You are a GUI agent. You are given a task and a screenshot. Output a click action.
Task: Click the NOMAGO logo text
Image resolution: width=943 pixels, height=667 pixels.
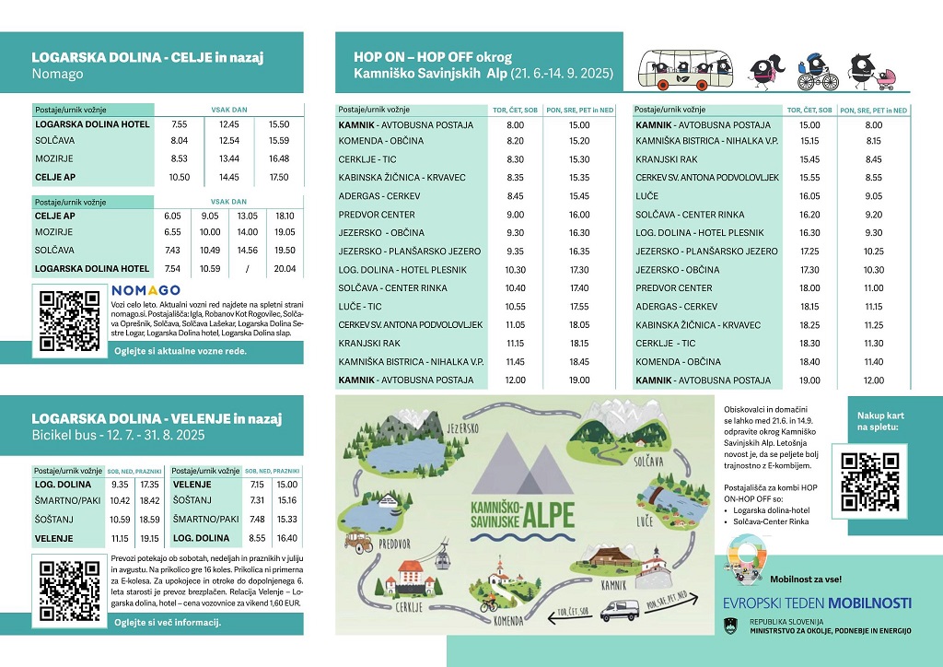point(146,291)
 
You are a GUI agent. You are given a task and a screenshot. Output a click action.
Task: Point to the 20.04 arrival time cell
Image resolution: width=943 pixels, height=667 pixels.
point(285,269)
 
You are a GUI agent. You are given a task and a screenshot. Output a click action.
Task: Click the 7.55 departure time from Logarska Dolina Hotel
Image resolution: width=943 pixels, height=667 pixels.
point(180,123)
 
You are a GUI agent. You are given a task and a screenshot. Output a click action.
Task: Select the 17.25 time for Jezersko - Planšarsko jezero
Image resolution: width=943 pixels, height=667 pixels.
point(809,252)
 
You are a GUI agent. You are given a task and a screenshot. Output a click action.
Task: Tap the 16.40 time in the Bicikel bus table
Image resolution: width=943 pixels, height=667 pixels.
point(286,538)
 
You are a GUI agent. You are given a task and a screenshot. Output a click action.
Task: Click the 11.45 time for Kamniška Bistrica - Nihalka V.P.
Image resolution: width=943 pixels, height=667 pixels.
point(515,362)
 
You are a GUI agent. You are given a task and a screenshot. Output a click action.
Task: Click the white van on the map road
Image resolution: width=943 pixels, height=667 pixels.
point(620,610)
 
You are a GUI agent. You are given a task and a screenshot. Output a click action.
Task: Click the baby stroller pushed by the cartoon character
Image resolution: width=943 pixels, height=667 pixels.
point(891,79)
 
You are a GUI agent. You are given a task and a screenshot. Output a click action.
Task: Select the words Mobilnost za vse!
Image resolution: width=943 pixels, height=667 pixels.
point(805,579)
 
